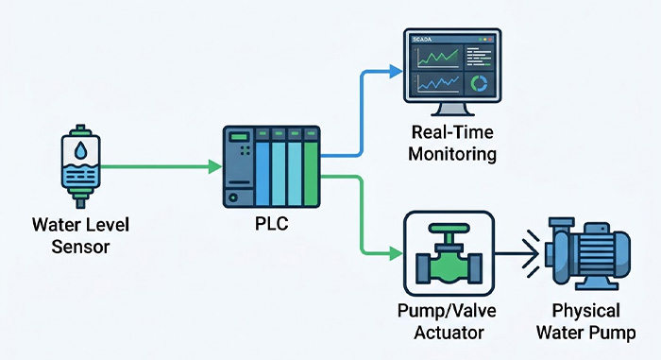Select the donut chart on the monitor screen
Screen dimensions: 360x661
click(x=481, y=83)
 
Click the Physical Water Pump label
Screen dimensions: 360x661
click(x=587, y=321)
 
